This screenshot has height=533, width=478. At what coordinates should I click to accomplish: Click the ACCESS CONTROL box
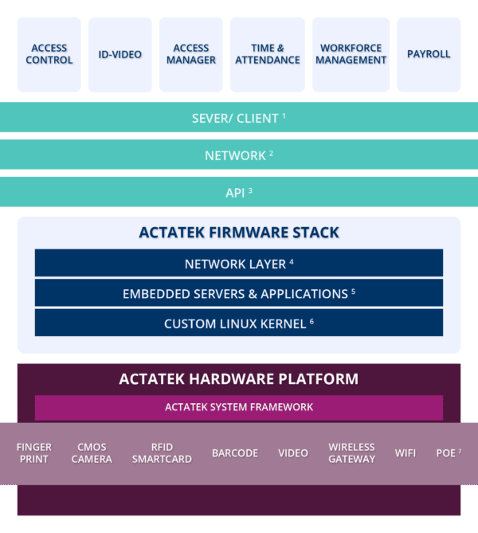[49, 54]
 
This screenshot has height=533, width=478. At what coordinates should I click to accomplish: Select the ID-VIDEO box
[119, 54]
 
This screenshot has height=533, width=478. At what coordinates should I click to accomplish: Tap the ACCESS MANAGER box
[191, 54]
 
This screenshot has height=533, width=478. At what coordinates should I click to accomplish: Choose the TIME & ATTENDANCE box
[268, 54]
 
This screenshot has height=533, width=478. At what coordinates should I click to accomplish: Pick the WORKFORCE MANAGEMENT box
[350, 54]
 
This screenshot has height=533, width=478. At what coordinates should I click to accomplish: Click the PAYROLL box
[429, 54]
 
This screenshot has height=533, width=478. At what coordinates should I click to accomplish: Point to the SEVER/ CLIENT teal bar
[239, 118]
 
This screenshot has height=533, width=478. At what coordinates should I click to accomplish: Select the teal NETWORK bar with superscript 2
[239, 155]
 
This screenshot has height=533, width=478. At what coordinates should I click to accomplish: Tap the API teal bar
[239, 192]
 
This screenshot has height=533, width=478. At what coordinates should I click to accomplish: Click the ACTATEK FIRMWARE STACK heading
[239, 233]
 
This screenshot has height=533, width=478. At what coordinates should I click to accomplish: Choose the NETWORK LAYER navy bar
[239, 263]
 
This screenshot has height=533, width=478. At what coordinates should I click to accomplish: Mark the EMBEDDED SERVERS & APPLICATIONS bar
[239, 293]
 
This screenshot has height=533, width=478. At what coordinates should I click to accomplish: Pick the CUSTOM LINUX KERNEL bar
[239, 323]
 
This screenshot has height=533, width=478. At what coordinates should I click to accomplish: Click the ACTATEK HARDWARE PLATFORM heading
[239, 378]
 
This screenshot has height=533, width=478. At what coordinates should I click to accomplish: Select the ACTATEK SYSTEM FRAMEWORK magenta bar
[239, 407]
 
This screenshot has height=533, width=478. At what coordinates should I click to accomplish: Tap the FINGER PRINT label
[33, 453]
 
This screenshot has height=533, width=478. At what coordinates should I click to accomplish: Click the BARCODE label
[235, 453]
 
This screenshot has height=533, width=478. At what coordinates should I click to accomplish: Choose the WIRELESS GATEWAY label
[351, 453]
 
